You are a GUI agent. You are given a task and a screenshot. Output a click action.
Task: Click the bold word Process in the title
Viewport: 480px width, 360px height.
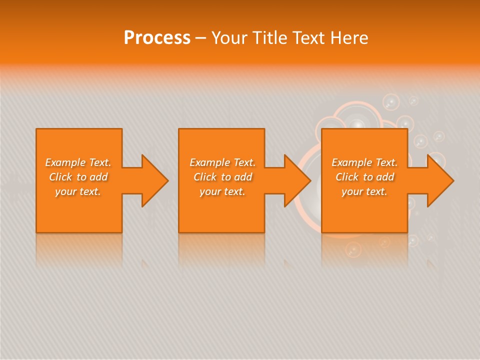[x=157, y=38]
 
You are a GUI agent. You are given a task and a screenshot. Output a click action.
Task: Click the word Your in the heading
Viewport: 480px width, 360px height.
[x=230, y=38]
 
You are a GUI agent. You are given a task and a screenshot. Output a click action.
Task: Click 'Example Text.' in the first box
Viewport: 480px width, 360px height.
[x=78, y=162]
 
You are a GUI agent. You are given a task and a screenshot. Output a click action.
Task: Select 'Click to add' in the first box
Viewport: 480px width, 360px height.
[x=78, y=177]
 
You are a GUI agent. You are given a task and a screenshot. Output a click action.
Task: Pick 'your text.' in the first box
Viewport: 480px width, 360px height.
[x=78, y=191]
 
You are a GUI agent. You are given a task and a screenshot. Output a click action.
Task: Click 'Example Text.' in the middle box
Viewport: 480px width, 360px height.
[x=222, y=162]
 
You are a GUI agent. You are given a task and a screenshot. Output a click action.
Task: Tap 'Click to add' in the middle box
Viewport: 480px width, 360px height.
[x=222, y=177]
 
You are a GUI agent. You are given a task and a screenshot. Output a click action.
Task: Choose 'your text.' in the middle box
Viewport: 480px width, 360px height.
[x=222, y=191]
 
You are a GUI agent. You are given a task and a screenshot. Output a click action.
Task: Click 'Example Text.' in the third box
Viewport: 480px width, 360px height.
[x=364, y=162]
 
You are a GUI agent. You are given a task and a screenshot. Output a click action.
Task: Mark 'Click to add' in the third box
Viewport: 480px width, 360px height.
[x=364, y=177]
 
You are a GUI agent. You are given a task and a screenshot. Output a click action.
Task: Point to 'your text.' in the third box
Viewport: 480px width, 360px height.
[x=364, y=191]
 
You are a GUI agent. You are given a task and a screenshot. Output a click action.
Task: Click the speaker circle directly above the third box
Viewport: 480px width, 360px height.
[x=356, y=122]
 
